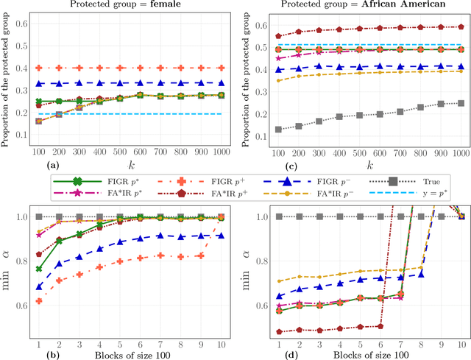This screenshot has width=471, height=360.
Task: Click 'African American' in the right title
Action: click(408, 5)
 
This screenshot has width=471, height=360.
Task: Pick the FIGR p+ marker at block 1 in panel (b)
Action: click(38, 301)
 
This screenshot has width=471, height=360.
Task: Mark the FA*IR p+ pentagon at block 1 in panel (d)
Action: click(278, 332)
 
